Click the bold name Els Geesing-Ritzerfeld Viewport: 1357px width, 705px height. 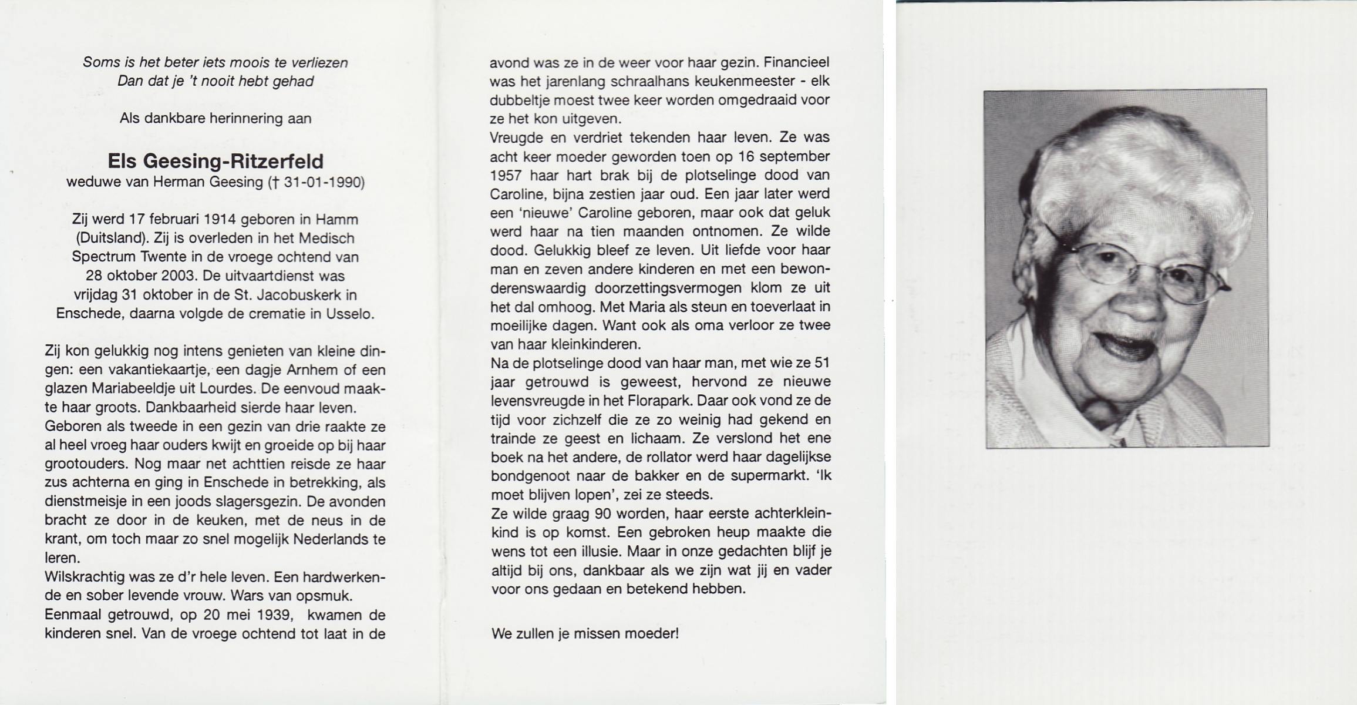coord(215,162)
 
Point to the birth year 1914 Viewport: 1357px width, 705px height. coord(219,219)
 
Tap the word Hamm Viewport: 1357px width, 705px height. coord(336,219)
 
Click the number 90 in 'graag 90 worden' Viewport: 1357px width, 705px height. coord(602,513)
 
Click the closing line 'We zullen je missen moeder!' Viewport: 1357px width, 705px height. coord(585,634)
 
